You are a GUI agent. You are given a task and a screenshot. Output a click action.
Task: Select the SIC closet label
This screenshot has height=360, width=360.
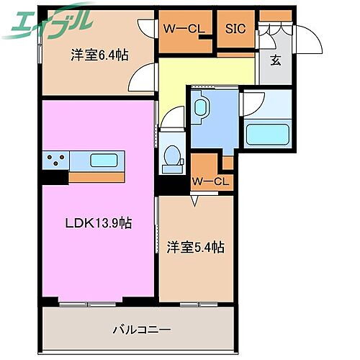tap(235, 29)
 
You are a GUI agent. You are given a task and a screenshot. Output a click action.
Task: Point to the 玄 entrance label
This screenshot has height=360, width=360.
tap(275, 60)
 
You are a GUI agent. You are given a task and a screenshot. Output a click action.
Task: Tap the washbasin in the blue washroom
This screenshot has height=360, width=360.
tap(202, 108)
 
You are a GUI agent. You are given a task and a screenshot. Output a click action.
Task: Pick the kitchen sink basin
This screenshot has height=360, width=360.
tap(106, 160)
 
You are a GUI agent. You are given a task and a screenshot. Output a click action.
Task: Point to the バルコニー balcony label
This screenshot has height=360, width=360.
tap(141, 310)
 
